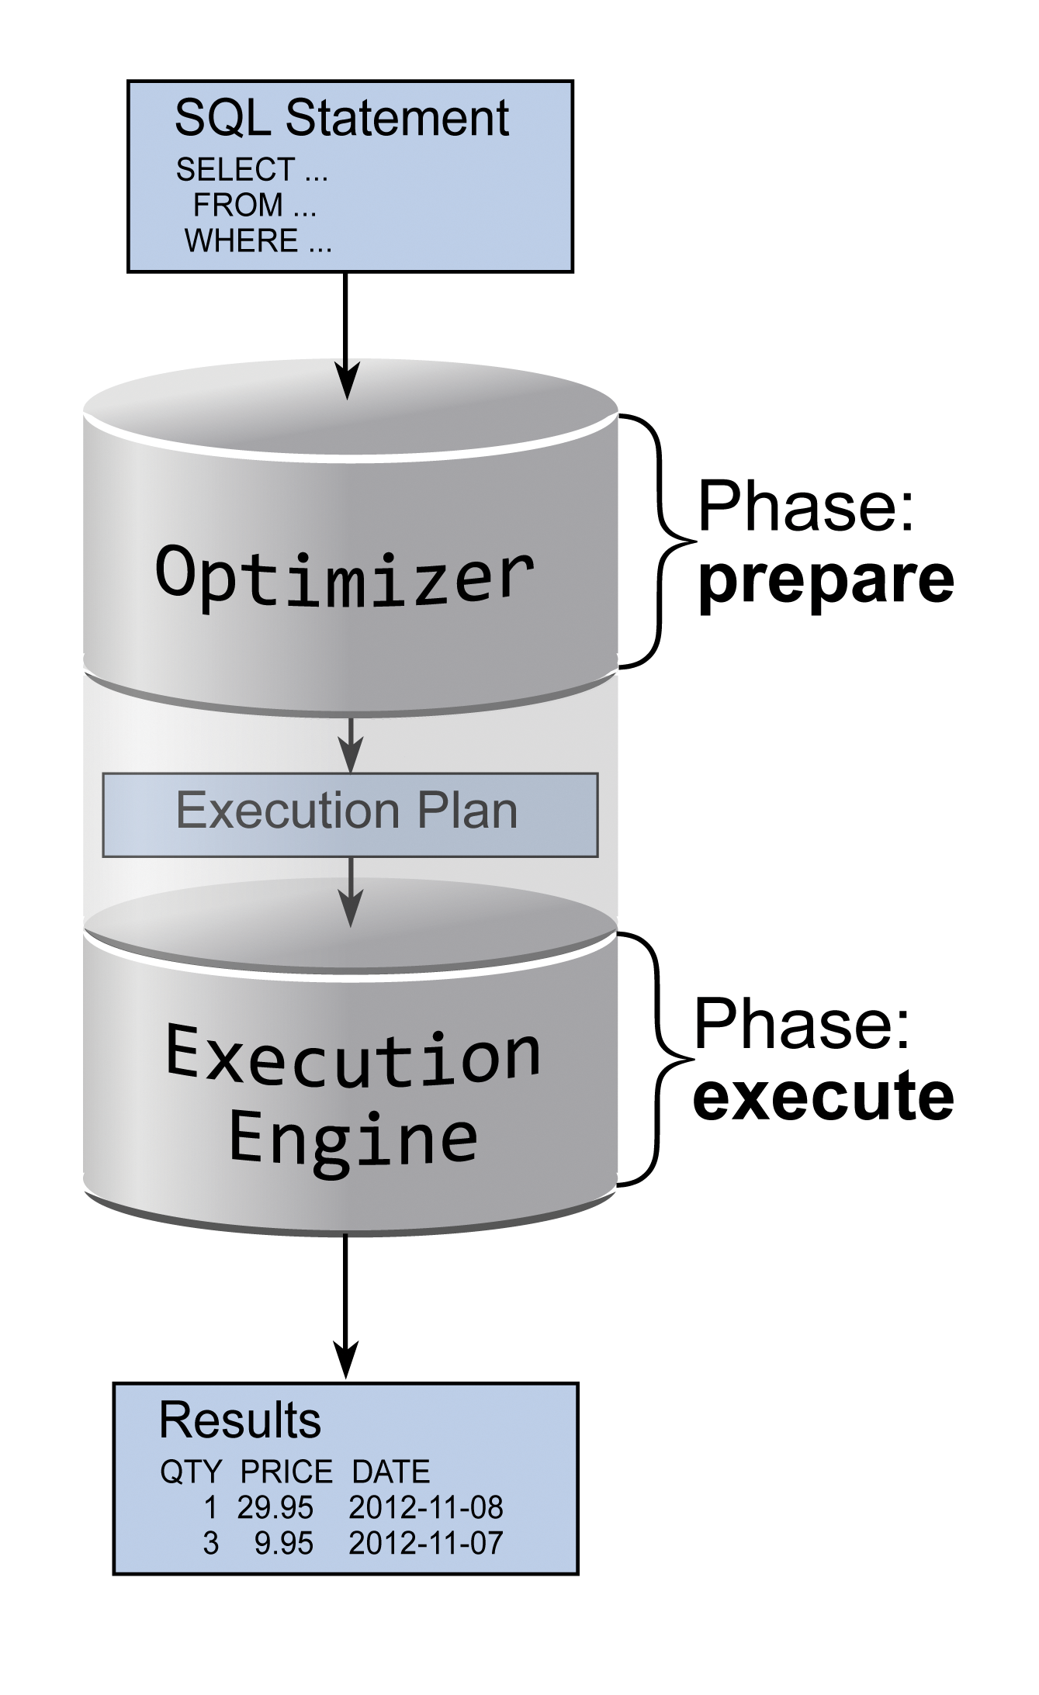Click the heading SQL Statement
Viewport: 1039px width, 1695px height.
coord(341,119)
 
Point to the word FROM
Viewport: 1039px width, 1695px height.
coord(238,206)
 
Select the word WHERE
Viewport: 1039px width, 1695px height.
coord(241,241)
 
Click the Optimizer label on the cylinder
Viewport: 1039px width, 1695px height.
coord(345,575)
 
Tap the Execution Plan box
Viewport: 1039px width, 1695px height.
coord(349,814)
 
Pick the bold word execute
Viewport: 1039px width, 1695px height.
coord(823,1097)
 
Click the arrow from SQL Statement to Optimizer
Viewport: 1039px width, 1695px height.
coord(346,334)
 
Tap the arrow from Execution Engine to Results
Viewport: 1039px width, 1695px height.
coord(346,1303)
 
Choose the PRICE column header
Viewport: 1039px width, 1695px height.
coord(286,1472)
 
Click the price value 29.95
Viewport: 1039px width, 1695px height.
coord(275,1507)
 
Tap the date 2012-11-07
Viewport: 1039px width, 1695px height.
coord(426,1543)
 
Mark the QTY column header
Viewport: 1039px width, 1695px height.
coord(191,1472)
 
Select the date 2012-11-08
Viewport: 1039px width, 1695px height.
coord(426,1507)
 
